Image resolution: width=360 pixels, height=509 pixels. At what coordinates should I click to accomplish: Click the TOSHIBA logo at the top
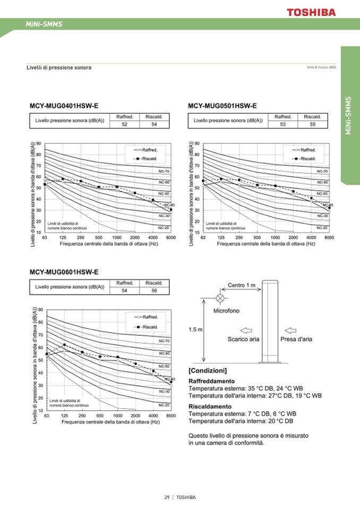click(311, 11)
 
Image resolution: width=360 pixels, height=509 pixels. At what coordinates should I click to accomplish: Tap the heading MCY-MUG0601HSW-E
click(64, 272)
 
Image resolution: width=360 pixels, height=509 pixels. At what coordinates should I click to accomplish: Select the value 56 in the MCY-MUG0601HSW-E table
click(154, 290)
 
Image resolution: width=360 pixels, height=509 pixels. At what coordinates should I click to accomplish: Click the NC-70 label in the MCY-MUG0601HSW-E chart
click(164, 341)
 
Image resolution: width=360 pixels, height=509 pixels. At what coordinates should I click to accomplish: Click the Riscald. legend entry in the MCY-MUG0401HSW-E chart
click(143, 158)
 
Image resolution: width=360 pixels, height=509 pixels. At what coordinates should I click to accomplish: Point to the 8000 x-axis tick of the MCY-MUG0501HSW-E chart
click(329, 237)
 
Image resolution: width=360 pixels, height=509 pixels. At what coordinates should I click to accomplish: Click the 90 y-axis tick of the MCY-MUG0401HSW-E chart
click(39, 144)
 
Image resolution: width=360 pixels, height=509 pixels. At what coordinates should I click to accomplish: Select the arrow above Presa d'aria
click(290, 330)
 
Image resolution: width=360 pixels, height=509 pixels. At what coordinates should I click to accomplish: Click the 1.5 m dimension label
click(195, 330)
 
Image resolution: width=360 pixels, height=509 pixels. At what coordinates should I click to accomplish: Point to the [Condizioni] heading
click(208, 370)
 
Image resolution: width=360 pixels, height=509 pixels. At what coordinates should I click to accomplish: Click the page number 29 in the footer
click(167, 497)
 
